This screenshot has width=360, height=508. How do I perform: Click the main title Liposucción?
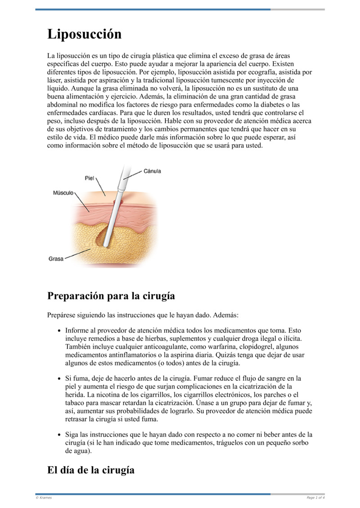pos(85,34)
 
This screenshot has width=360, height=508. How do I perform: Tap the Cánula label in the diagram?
pos(153,171)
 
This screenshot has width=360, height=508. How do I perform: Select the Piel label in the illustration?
pos(90,178)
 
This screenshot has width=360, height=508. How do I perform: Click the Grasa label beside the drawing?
pos(56,259)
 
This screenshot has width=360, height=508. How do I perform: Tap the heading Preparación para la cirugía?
pos(111,296)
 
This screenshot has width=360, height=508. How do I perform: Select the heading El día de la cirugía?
pos(91,470)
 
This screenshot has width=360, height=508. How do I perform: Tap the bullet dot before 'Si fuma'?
pos(60,379)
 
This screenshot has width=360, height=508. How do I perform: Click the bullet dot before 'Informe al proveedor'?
pos(60,330)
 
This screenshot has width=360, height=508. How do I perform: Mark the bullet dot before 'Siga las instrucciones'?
pos(60,435)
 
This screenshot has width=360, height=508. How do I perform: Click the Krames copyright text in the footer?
pos(44,498)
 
